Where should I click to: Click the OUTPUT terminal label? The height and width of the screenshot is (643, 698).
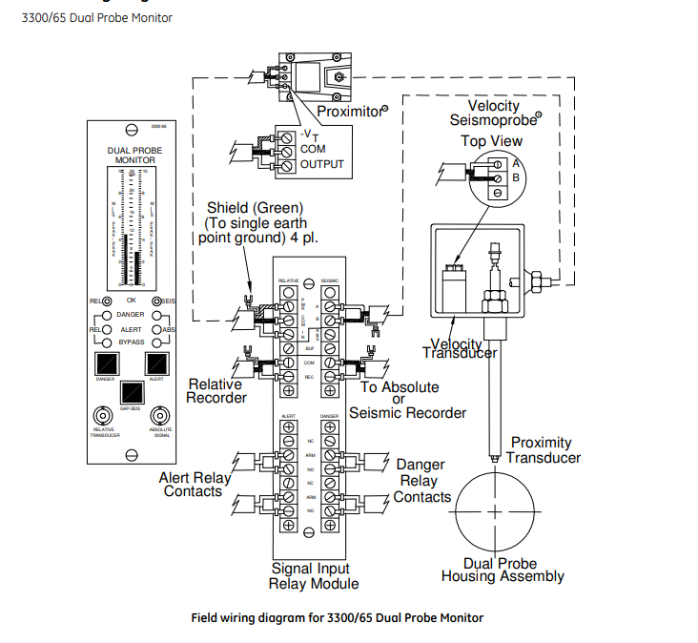click(x=321, y=164)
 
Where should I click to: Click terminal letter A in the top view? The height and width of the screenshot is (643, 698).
click(x=516, y=162)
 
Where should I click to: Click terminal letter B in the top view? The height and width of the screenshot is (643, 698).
click(x=516, y=177)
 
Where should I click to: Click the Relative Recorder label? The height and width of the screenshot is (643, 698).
click(x=216, y=390)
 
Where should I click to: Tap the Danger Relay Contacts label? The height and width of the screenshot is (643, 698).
click(x=421, y=481)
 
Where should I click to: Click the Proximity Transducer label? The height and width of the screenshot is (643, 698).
click(x=543, y=449)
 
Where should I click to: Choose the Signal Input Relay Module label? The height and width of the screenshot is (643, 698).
click(x=314, y=576)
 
